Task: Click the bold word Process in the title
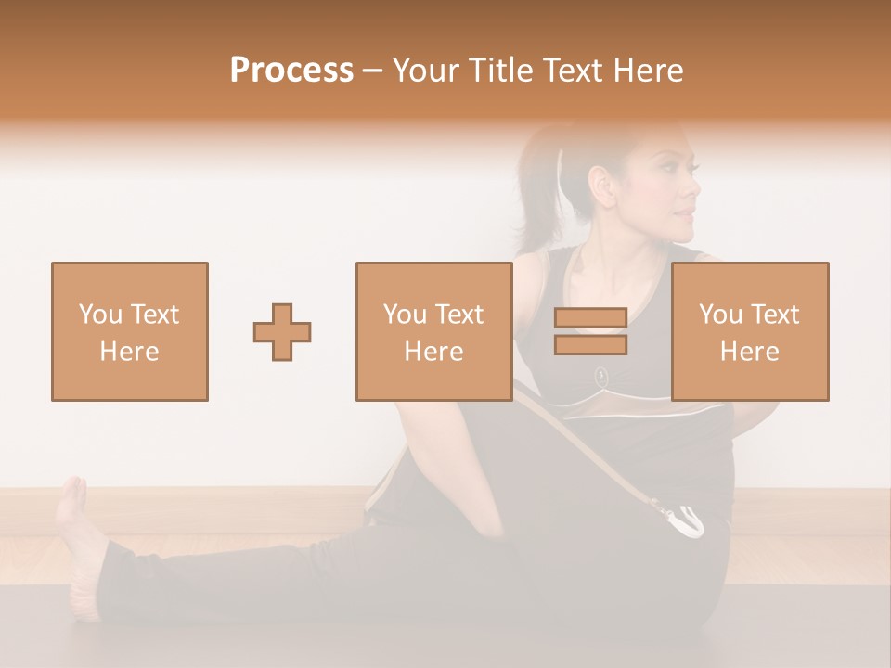tap(291, 71)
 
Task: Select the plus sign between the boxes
tap(282, 332)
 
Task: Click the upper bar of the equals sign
tap(590, 318)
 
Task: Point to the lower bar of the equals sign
tap(590, 344)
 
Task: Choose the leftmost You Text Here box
tap(130, 331)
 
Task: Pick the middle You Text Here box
tap(433, 331)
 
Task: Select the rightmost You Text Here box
tap(749, 331)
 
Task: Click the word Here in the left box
tap(129, 352)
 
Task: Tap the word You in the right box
tap(720, 315)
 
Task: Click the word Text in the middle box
tap(459, 315)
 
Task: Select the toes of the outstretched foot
tap(72, 488)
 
